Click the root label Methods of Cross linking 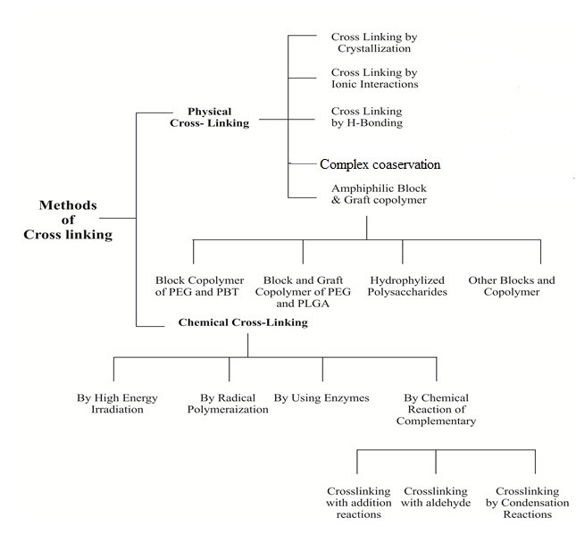pos(68,220)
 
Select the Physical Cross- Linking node pos(209,117)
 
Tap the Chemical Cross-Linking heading pos(243,322)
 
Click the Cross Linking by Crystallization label pos(374,43)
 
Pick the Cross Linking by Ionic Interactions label pos(374,79)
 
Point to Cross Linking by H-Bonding pos(367,117)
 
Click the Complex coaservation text pos(380,164)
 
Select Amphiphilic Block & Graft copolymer pos(379,194)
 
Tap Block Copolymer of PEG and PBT pos(199,286)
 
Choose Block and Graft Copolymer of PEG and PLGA pos(303,292)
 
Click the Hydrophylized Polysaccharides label pos(407,286)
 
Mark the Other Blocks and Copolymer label pos(512,286)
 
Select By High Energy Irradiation pos(117,404)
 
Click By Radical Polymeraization pos(228,404)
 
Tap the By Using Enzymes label pos(321,397)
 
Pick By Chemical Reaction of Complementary pos(436,409)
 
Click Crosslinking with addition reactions pos(358,503)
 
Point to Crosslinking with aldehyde pos(436,497)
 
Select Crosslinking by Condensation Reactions pos(527,503)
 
